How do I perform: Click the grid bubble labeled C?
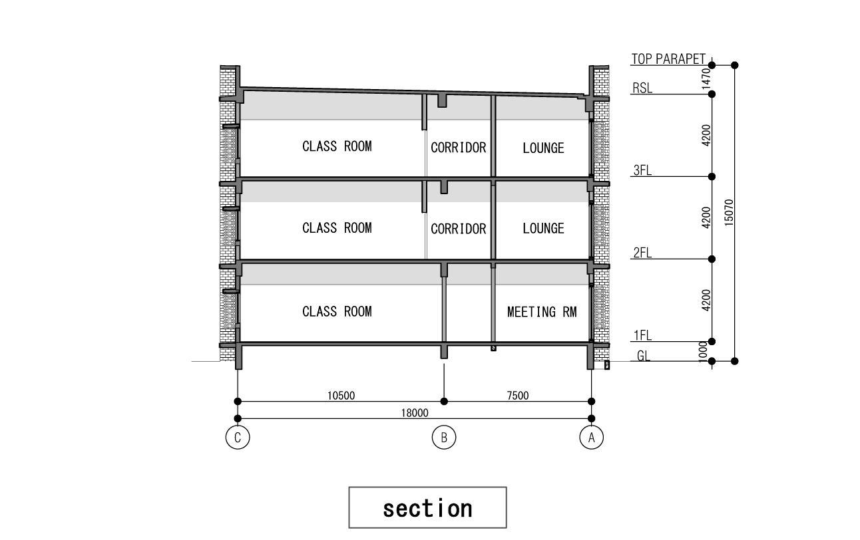[x=238, y=437]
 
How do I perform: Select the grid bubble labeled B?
[x=444, y=437]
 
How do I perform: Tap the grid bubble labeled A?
[x=591, y=437]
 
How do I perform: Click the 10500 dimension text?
[x=341, y=396]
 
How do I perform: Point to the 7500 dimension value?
[x=518, y=396]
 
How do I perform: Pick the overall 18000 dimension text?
[x=415, y=413]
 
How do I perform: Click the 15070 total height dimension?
[x=728, y=212]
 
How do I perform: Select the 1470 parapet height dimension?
[x=706, y=78]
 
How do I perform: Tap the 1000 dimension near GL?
[x=702, y=351]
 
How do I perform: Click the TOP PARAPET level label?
[x=668, y=59]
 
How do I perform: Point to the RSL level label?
[x=642, y=88]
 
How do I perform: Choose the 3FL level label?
[x=642, y=170]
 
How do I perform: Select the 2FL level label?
[x=642, y=253]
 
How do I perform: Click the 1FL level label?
[x=642, y=336]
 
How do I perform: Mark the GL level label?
[x=644, y=356]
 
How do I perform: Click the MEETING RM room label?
[x=542, y=312]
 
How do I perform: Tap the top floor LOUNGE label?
[x=543, y=148]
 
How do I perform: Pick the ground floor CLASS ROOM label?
[x=337, y=311]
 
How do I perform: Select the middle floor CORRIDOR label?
[x=459, y=229]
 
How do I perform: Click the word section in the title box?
[x=428, y=509]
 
